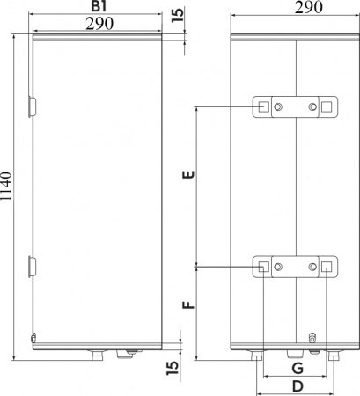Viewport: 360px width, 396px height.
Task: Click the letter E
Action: [186, 176]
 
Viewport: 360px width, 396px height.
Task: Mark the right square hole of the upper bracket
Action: [327, 107]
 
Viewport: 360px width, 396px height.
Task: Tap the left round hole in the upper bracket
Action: [279, 107]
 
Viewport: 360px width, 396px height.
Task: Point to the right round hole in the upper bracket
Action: [313, 107]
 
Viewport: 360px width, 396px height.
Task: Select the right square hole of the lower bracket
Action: [327, 267]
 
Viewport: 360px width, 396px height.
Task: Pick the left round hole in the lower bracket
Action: [279, 267]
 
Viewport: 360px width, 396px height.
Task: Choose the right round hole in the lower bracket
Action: [313, 267]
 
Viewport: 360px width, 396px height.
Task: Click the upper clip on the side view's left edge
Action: [33, 106]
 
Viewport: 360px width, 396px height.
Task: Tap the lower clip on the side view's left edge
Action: [33, 264]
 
